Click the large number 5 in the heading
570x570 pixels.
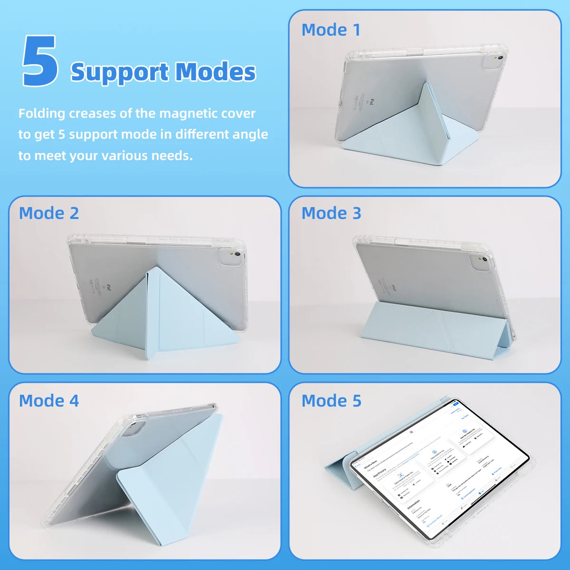[x=40, y=62]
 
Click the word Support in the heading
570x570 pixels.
[x=119, y=72]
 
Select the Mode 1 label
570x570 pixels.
[x=331, y=30]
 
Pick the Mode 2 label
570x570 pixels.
[x=49, y=213]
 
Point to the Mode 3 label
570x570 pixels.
[x=331, y=213]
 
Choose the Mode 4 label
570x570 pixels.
[x=49, y=400]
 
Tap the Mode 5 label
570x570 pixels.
[x=331, y=400]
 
